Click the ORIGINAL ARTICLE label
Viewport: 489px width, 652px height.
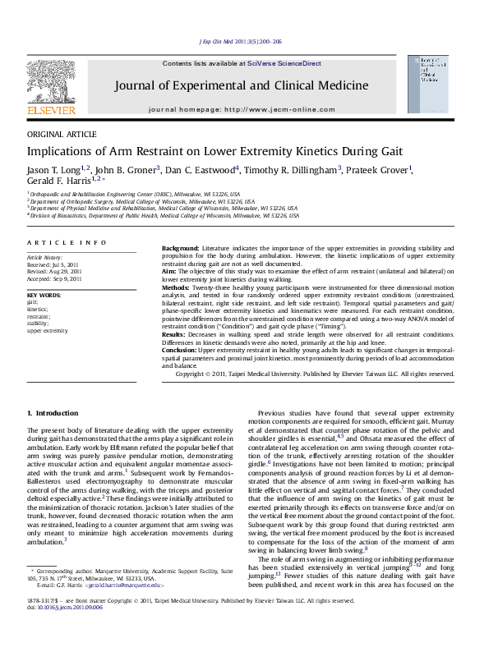(62, 134)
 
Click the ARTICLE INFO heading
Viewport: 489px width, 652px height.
(67, 243)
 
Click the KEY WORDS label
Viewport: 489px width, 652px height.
(44, 295)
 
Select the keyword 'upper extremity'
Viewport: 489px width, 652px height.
(48, 330)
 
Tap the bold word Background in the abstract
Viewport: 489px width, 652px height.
(180, 247)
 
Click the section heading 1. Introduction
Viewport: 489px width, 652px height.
(53, 413)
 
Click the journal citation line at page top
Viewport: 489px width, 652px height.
(241, 41)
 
